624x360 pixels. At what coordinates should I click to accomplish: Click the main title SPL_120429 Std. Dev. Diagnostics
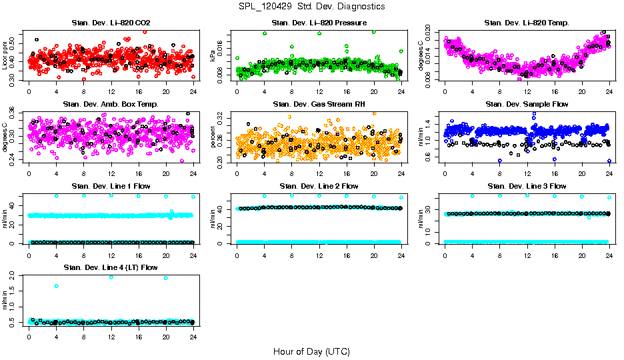[311, 6]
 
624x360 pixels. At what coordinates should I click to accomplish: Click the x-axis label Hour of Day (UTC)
[311, 351]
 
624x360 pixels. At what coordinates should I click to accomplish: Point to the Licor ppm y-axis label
[5, 55]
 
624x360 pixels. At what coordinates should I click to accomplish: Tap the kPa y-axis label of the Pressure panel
[213, 55]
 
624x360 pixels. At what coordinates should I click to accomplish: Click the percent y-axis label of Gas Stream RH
[213, 137]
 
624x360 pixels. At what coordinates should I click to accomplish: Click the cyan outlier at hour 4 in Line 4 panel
[57, 286]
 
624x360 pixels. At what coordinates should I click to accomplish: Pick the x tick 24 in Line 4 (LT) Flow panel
[193, 335]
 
